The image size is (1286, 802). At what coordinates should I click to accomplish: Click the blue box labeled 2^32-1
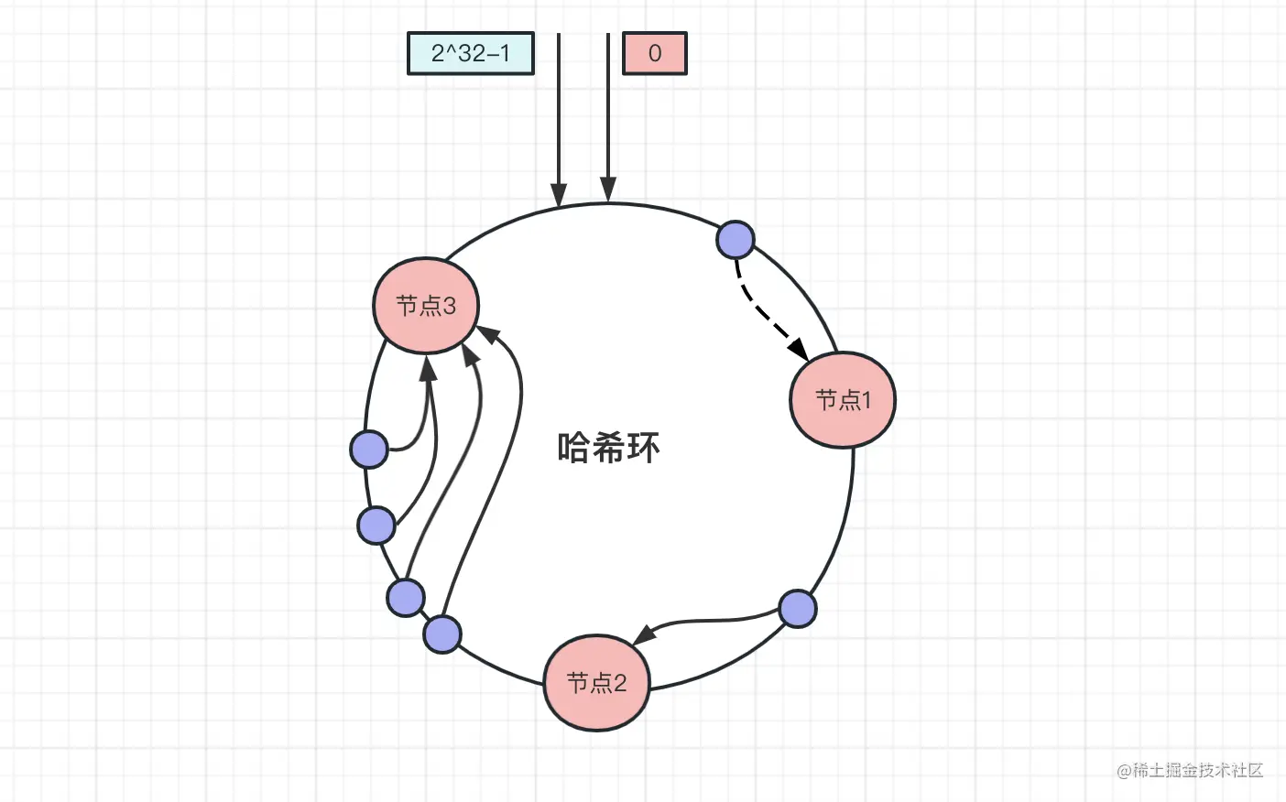pyautogui.click(x=471, y=53)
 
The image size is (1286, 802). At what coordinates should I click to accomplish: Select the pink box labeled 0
pyautogui.click(x=654, y=53)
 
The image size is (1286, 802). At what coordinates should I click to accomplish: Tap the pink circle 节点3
pyautogui.click(x=426, y=305)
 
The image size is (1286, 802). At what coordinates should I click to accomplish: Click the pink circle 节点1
pyautogui.click(x=843, y=400)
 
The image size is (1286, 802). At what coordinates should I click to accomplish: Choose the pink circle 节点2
pyautogui.click(x=596, y=682)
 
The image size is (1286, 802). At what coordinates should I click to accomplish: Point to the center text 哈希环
pyautogui.click(x=608, y=448)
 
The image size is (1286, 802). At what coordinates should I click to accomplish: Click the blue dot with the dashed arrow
pyautogui.click(x=735, y=240)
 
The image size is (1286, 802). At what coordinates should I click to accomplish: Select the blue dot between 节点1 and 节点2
pyautogui.click(x=797, y=609)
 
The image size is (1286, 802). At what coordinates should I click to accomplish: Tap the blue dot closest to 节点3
pyautogui.click(x=369, y=450)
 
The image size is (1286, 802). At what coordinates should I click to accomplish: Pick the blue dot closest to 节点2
pyautogui.click(x=442, y=634)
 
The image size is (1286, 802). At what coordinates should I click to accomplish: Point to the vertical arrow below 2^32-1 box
pyautogui.click(x=559, y=119)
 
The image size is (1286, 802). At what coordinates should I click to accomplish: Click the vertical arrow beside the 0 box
pyautogui.click(x=608, y=119)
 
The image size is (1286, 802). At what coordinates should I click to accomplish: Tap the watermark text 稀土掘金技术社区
pyautogui.click(x=1190, y=770)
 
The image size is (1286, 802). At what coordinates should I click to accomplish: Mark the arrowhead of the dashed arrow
pyautogui.click(x=798, y=349)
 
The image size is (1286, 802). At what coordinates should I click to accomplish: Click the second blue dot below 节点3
pyautogui.click(x=376, y=525)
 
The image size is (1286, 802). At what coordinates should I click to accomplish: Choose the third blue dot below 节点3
pyautogui.click(x=406, y=598)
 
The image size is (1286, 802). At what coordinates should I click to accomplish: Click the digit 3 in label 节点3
pyautogui.click(x=449, y=305)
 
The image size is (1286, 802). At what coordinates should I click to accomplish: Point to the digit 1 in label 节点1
pyautogui.click(x=866, y=400)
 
